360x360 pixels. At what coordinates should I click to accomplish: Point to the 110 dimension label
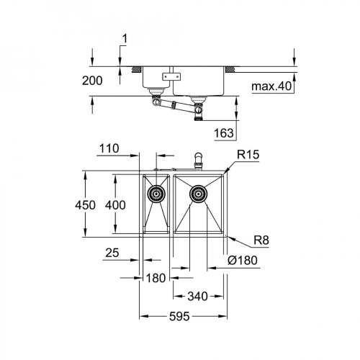point(109,148)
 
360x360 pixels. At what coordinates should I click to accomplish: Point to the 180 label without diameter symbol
point(156,278)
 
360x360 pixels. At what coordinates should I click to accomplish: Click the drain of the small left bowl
point(155,193)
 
